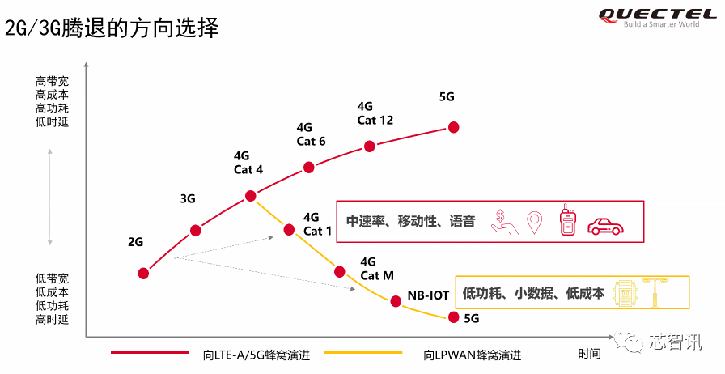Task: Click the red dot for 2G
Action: [x=143, y=274]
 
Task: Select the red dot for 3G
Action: [x=196, y=230]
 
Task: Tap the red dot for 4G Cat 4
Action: [x=250, y=196]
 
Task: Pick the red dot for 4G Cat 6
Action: [x=309, y=167]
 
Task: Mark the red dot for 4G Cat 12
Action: [x=370, y=147]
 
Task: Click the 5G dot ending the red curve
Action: [x=454, y=127]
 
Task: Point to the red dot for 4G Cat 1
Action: [x=289, y=229]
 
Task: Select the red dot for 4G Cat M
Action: [x=339, y=272]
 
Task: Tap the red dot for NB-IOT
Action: [x=396, y=301]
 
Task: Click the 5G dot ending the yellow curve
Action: [x=454, y=317]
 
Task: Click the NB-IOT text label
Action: [x=428, y=295]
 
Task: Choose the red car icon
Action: [x=605, y=225]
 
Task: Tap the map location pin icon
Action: [x=534, y=223]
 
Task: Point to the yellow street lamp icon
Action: [x=655, y=292]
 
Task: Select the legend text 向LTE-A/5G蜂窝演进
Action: [x=257, y=355]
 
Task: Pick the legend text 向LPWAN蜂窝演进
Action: [x=472, y=355]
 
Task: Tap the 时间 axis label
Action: [x=589, y=354]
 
